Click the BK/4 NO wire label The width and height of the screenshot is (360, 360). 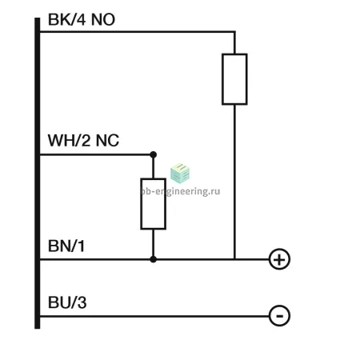coord(82,19)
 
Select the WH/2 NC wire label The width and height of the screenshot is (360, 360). coord(83,140)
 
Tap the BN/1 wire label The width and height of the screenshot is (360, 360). coord(66,246)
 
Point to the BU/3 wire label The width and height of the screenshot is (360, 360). coord(67,302)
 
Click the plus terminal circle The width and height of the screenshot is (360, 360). coord(279,259)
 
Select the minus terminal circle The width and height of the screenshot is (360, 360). coord(279,316)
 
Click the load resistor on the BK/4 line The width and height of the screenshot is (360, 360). coord(234,79)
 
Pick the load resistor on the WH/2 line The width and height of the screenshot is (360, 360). coord(154,204)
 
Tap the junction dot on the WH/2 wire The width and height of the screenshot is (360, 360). coord(153,154)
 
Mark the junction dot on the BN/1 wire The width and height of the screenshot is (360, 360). coord(153,259)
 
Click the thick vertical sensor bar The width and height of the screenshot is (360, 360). coord(38,173)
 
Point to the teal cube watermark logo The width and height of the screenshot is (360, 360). coord(180,173)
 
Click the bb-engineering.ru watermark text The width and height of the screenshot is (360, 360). coord(180,191)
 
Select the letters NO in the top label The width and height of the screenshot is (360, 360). coord(103,19)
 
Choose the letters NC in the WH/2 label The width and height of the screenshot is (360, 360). coord(107,140)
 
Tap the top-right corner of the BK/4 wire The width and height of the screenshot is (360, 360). coord(234,32)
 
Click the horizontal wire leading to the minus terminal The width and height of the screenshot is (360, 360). coord(154,316)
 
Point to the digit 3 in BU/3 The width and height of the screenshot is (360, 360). coord(82,302)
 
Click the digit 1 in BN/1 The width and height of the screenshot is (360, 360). coord(81,246)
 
